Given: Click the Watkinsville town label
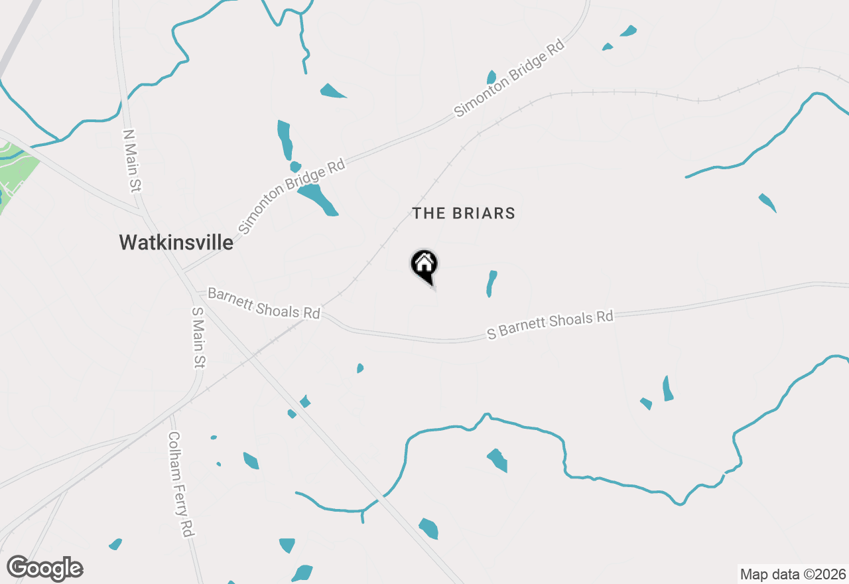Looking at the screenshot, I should point(176,242).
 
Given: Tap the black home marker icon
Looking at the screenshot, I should point(424,265).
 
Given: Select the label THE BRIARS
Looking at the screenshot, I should point(464,213).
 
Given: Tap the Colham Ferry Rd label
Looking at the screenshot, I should point(180,484).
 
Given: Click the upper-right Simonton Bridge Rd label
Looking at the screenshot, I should point(509,78).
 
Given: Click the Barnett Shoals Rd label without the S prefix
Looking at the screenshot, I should point(264,303).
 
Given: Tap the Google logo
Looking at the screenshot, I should point(45,569).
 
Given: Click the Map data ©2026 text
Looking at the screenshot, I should point(793,574).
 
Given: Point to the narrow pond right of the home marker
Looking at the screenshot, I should point(491,283).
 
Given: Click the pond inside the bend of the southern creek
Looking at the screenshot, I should point(497,459).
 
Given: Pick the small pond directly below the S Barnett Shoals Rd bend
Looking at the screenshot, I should point(360,368).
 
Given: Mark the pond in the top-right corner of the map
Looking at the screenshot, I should point(627,31).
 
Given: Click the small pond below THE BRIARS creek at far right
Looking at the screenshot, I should point(767,202).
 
